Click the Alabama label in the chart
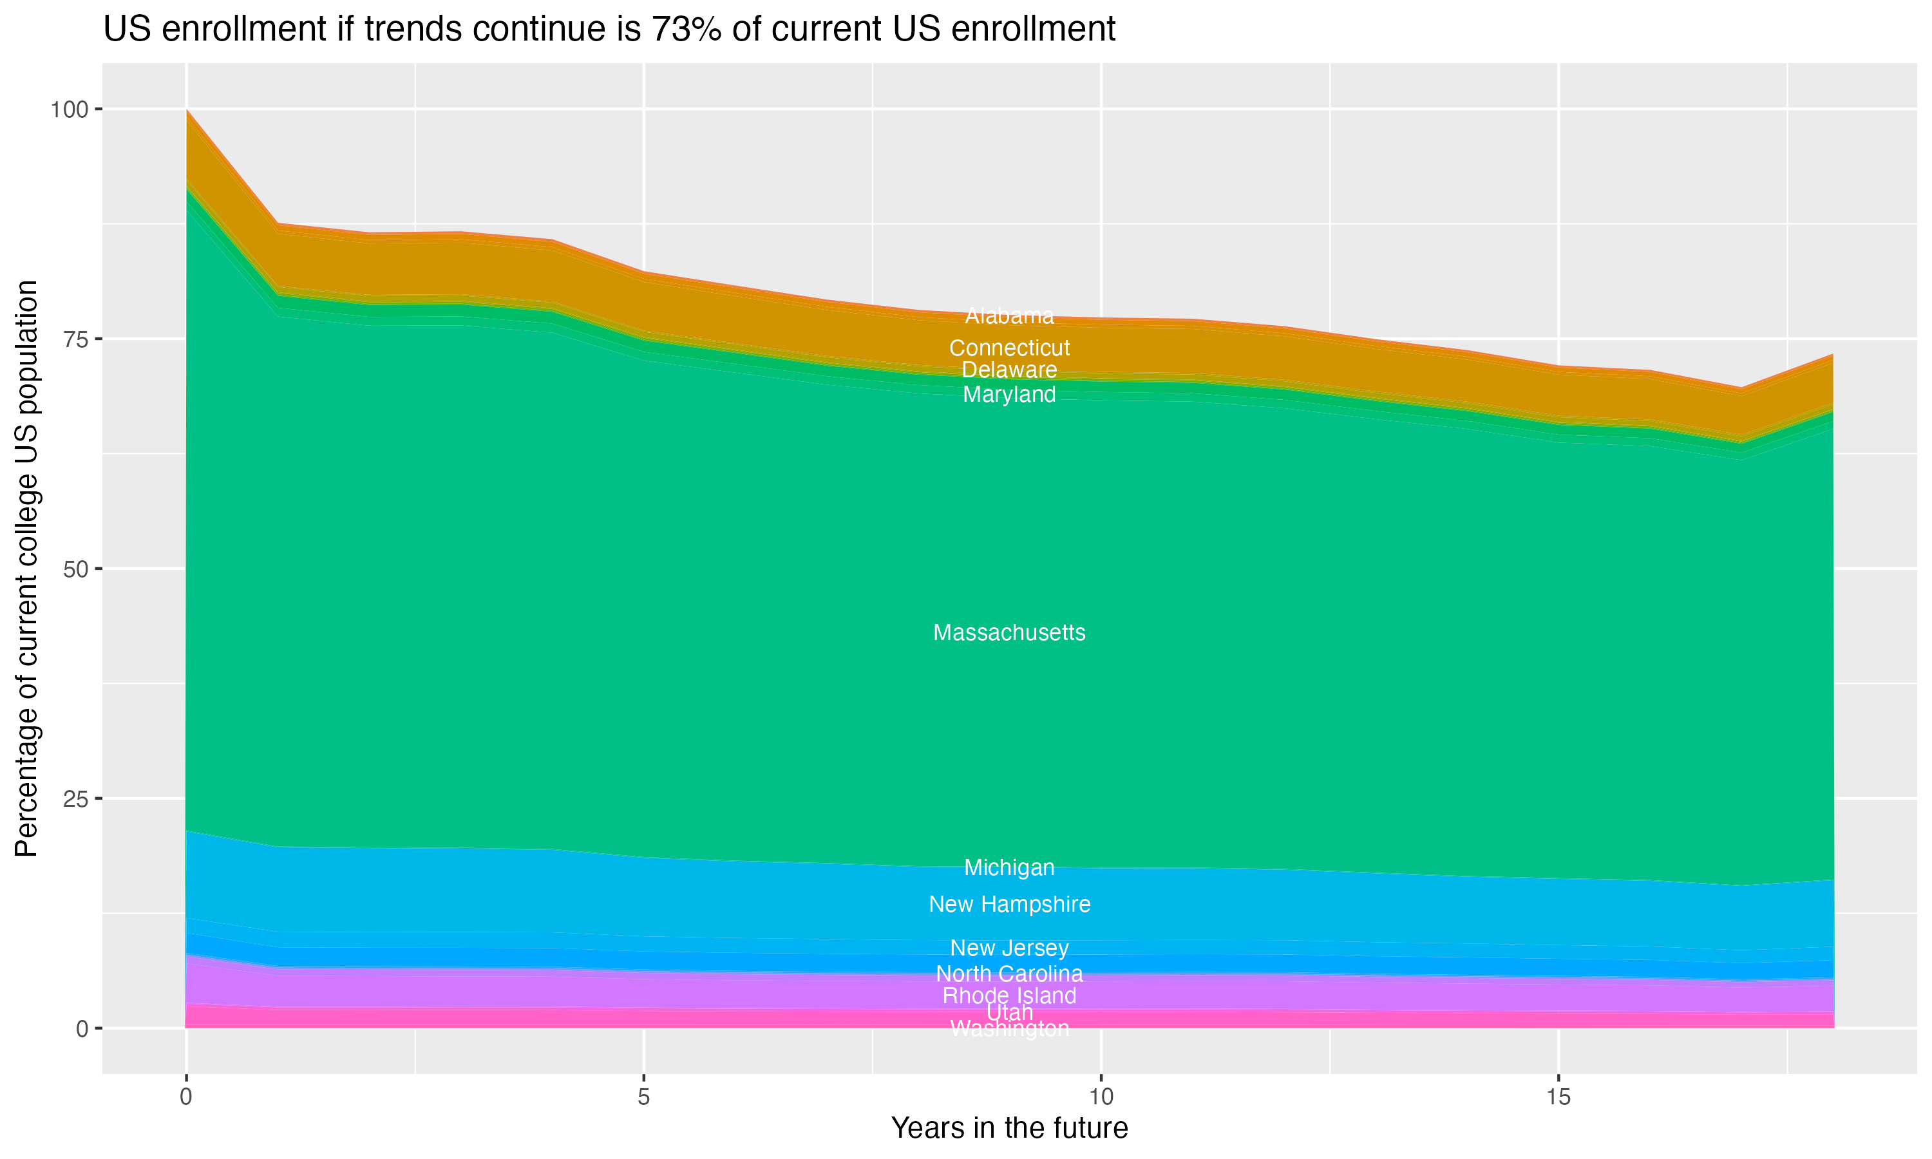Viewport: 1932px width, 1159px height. (x=1009, y=316)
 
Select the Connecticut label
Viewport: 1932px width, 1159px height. (x=1009, y=348)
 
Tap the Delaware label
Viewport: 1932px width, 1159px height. (x=1009, y=370)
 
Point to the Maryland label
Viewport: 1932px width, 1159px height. (x=1009, y=395)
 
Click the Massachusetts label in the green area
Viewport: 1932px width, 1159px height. (x=1009, y=632)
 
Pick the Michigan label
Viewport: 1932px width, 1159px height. (x=1009, y=868)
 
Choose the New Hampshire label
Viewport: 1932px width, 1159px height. (x=1009, y=905)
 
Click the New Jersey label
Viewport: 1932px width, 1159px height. (x=1009, y=948)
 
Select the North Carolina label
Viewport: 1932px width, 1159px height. (x=1009, y=974)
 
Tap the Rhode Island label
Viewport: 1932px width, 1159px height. (x=1009, y=995)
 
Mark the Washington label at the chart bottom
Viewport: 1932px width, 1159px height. (x=1009, y=1030)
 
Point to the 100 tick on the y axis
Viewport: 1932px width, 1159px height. (x=69, y=109)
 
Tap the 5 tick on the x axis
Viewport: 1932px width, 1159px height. (x=643, y=1097)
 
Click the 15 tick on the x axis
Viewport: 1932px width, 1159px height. (x=1558, y=1097)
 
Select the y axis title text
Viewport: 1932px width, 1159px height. (x=26, y=569)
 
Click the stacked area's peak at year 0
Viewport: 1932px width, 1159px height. (x=187, y=111)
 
